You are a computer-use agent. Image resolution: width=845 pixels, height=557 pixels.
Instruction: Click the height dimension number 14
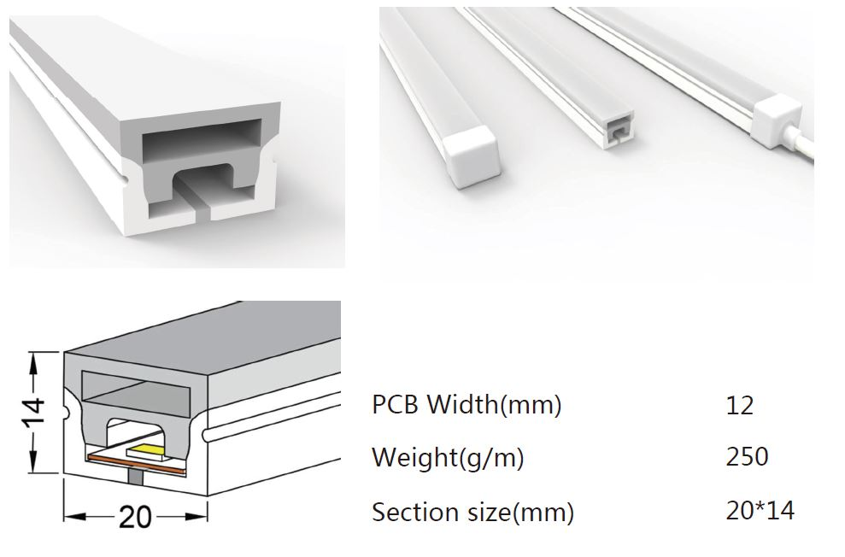(36, 413)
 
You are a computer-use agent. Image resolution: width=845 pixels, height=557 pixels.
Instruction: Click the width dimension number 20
(135, 517)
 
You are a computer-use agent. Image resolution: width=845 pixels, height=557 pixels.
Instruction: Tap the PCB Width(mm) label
(467, 405)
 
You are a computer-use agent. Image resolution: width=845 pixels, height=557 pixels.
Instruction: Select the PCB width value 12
(739, 405)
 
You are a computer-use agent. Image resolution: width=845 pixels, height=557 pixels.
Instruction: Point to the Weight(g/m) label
(448, 458)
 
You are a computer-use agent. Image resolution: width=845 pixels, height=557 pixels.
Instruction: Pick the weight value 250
(747, 457)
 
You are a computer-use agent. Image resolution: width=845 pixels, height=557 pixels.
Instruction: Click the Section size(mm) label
(472, 512)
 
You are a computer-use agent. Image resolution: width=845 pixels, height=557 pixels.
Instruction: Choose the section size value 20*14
(760, 510)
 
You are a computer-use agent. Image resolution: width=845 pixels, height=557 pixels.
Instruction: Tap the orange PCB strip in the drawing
(136, 465)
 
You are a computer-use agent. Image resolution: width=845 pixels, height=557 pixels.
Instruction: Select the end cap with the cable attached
(776, 124)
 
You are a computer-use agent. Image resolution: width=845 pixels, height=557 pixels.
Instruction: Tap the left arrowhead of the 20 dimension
(74, 517)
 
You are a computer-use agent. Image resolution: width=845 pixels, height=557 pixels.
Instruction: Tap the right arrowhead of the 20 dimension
(197, 517)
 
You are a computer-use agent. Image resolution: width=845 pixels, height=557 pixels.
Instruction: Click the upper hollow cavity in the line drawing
(137, 387)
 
